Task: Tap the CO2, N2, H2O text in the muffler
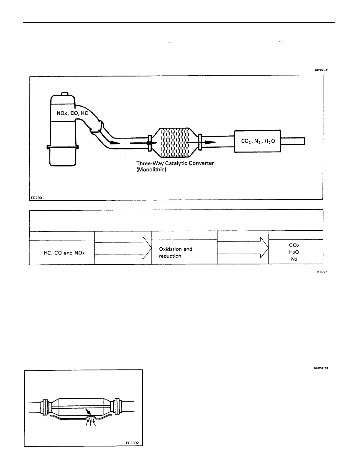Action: click(x=258, y=141)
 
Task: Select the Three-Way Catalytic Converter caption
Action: click(x=175, y=163)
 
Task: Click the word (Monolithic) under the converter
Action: click(x=151, y=170)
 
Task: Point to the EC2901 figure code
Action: click(x=37, y=198)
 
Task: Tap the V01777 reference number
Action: click(x=321, y=272)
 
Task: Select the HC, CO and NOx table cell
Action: click(x=64, y=253)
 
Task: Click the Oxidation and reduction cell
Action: click(x=176, y=252)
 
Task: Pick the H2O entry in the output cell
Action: click(x=294, y=252)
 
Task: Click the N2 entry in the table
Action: click(x=294, y=259)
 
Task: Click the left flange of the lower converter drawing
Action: click(x=45, y=407)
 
